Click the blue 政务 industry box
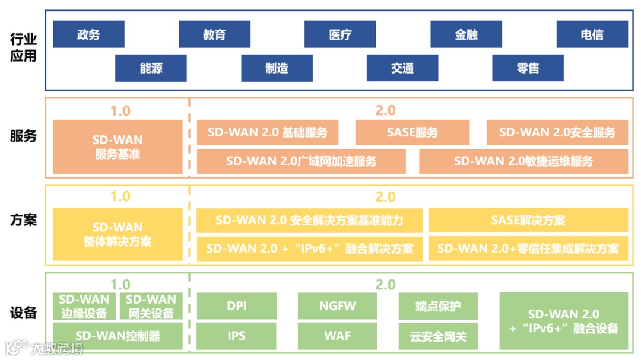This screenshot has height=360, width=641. [x=88, y=34]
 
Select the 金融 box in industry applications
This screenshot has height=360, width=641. [x=466, y=34]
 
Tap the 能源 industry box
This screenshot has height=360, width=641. [x=151, y=68]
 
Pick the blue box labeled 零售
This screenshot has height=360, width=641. [x=528, y=68]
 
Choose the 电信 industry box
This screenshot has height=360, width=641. [x=592, y=34]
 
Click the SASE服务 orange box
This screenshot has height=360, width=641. [x=412, y=132]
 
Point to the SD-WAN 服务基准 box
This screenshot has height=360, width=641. [x=118, y=147]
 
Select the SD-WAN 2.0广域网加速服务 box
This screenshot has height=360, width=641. [x=301, y=161]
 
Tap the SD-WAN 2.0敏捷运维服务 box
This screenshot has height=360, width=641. [x=523, y=161]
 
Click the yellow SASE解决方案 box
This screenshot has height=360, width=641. [x=528, y=221]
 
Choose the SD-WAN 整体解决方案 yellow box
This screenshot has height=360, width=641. [x=118, y=234]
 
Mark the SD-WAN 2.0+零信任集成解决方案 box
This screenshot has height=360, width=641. [x=528, y=249]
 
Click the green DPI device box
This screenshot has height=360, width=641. [x=236, y=306]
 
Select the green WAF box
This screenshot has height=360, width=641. [x=337, y=336]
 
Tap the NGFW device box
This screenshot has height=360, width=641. [x=337, y=306]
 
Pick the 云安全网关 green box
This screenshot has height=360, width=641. [x=438, y=336]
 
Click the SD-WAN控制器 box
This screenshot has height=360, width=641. [x=118, y=336]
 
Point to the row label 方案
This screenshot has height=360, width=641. [x=24, y=220]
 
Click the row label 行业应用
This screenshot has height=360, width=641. [x=24, y=47]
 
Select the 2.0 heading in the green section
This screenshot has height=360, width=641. [x=385, y=285]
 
